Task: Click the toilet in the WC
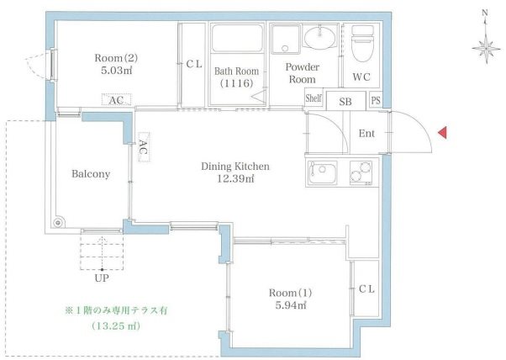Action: (362, 44)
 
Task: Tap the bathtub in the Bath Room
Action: (237, 39)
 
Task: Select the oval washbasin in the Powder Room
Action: (319, 38)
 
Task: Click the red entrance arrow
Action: (442, 132)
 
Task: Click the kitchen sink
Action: (322, 173)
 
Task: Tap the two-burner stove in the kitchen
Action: (361, 173)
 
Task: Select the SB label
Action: (345, 102)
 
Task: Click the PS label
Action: (376, 100)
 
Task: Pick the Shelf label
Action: (314, 98)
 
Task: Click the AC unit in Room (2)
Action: (117, 99)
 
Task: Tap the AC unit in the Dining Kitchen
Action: (144, 147)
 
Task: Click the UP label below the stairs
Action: (102, 278)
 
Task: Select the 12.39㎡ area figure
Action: (235, 178)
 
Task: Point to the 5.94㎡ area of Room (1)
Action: (291, 305)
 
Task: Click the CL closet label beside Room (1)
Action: (366, 289)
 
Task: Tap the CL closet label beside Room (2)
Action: (194, 64)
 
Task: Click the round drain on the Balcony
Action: (58, 222)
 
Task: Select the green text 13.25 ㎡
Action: (116, 326)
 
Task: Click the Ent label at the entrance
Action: (366, 134)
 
